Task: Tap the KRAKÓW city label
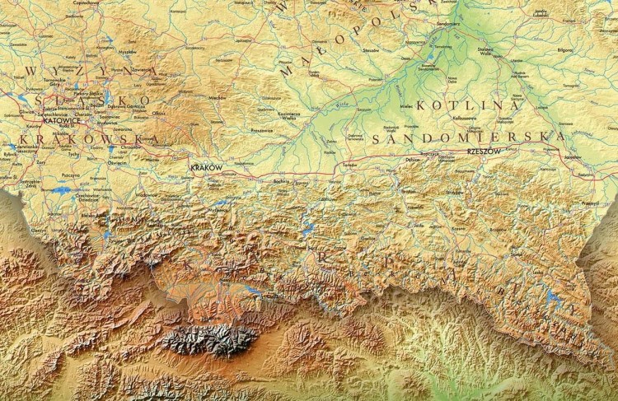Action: [x=206, y=167]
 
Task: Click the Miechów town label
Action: [x=216, y=97]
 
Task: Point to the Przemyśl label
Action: [x=588, y=202]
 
